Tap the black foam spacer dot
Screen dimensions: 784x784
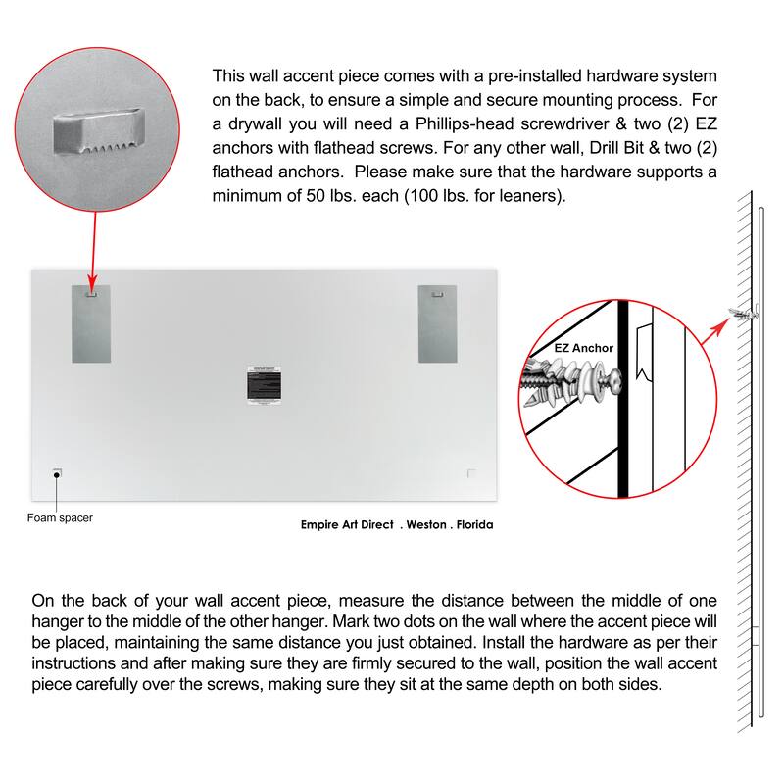58,474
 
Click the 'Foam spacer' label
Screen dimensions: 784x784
60,517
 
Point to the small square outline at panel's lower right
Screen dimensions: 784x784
472,474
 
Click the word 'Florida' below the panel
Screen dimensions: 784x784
474,525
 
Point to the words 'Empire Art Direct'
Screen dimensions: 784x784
347,525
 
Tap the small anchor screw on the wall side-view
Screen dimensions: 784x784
742,314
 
